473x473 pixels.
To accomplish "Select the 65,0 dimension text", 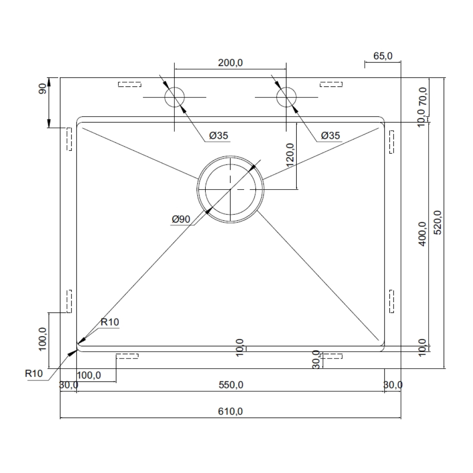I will (383, 56).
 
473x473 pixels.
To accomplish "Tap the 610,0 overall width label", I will (230, 412).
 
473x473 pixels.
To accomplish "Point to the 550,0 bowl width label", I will (230, 385).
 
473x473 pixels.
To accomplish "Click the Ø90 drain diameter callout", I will (181, 219).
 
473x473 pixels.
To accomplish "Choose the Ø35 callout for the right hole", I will (330, 136).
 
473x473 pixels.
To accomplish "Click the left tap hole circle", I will (175, 97).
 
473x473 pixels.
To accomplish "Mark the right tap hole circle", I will (286, 97).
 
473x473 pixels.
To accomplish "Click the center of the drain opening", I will (230, 189).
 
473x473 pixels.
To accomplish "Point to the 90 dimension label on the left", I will (42, 88).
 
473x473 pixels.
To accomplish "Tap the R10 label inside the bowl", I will (109, 322).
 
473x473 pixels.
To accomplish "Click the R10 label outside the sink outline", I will (34, 373).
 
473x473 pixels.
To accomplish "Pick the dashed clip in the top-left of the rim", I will (129, 85).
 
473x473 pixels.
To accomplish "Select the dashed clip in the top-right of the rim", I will (331, 85).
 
